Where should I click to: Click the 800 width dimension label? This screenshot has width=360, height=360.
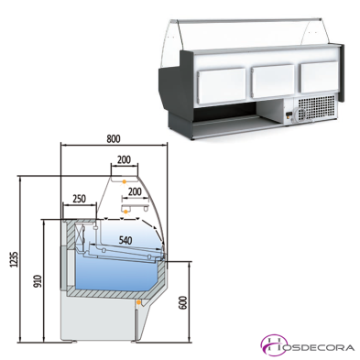(113, 139)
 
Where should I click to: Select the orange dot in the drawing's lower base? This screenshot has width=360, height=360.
(137, 300)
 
